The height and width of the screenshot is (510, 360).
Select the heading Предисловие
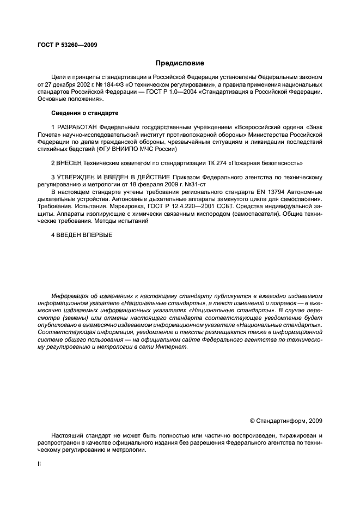point(180,63)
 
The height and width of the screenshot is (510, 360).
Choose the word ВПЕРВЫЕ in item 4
point(95,235)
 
